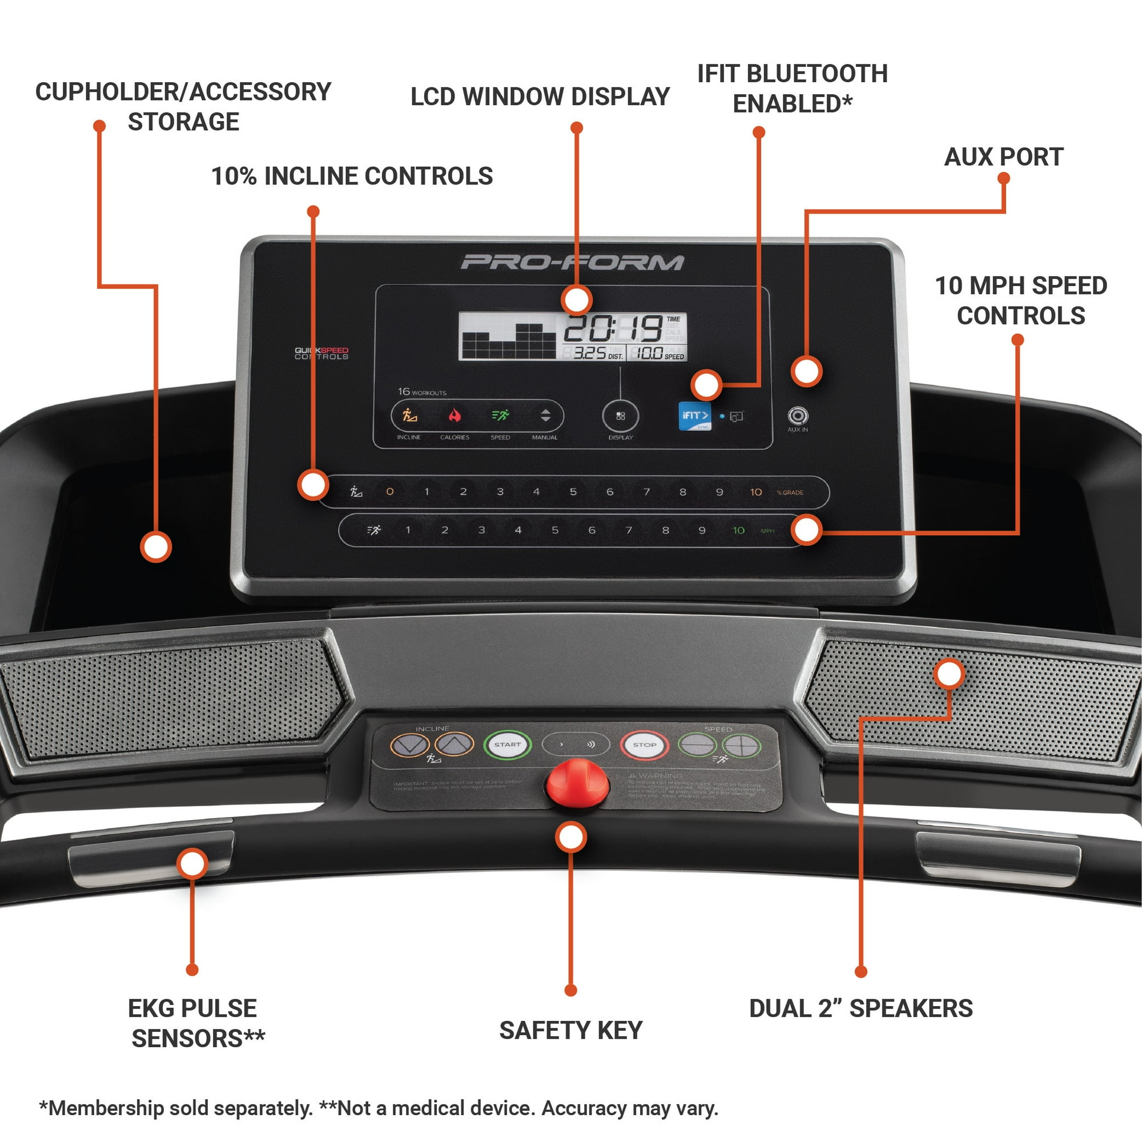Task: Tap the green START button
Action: point(507,745)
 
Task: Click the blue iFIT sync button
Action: point(694,416)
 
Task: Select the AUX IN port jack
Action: point(797,416)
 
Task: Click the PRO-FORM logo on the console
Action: point(572,262)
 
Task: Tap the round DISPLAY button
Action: point(620,416)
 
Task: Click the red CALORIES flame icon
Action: point(455,415)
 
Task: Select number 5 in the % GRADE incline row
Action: point(573,492)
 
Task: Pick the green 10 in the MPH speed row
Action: point(738,530)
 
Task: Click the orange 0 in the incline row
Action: point(389,491)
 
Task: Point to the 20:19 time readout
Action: point(612,328)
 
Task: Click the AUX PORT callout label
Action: point(1003,157)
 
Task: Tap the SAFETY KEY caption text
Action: point(570,1030)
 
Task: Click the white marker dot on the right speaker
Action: point(948,674)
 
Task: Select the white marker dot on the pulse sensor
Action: point(192,863)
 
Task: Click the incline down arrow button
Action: point(409,745)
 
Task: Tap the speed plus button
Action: point(742,745)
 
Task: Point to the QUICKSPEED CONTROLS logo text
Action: point(321,353)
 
